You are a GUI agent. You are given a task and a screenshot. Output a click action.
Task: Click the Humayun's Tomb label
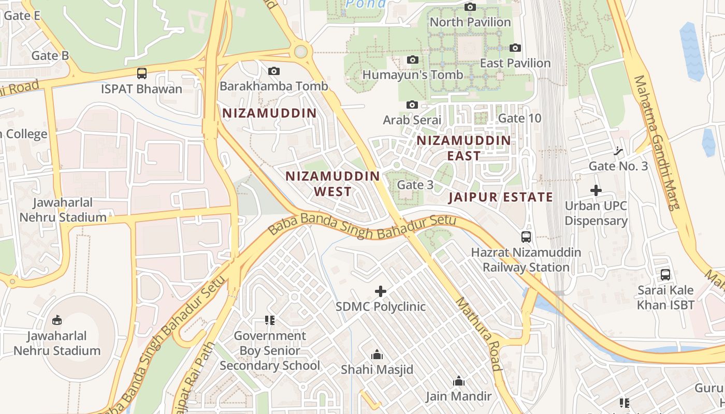tap(413, 75)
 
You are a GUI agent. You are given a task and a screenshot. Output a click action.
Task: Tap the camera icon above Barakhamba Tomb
tap(274, 71)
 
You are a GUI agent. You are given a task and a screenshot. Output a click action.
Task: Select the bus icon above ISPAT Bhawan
tap(142, 73)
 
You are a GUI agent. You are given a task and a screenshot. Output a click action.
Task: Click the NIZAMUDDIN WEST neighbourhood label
tap(333, 184)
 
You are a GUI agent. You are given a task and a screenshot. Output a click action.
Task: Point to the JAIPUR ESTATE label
tap(500, 197)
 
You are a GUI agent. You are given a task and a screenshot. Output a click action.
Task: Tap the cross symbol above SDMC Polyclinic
tap(381, 291)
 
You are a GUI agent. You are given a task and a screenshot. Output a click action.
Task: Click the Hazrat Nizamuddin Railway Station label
tap(526, 260)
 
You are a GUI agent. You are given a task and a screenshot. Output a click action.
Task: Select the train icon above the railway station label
tap(526, 237)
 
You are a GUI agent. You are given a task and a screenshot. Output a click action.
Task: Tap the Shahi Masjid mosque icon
tap(377, 355)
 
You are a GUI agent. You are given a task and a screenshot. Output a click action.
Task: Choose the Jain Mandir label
tap(458, 396)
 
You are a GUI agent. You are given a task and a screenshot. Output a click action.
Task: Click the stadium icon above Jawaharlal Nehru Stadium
tap(57, 320)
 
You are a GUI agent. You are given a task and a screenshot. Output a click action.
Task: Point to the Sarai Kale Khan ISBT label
tap(665, 298)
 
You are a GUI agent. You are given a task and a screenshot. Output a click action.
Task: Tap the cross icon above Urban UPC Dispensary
tap(596, 190)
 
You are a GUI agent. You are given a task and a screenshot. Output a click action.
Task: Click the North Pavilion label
tap(470, 22)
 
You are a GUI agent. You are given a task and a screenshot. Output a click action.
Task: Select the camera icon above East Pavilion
tap(515, 48)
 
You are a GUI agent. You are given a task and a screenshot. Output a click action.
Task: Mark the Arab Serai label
tap(412, 120)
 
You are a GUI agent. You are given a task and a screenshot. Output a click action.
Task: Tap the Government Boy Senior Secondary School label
tap(270, 350)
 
